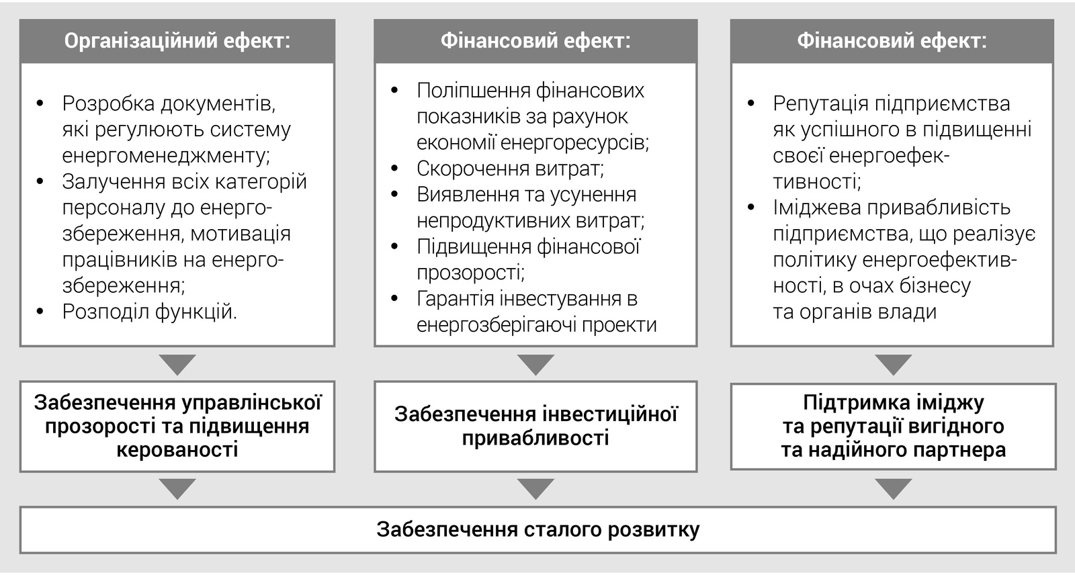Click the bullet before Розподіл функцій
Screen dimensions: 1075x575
(x=40, y=312)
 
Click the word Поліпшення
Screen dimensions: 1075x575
(x=473, y=91)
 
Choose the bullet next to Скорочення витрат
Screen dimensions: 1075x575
(x=394, y=169)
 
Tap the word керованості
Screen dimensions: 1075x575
(x=177, y=450)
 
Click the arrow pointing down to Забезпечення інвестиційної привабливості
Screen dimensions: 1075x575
(x=535, y=365)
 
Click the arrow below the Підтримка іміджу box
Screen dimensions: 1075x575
(x=893, y=489)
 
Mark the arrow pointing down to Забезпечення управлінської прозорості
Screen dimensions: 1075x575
(x=177, y=365)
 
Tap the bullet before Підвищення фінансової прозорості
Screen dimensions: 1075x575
(x=394, y=247)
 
